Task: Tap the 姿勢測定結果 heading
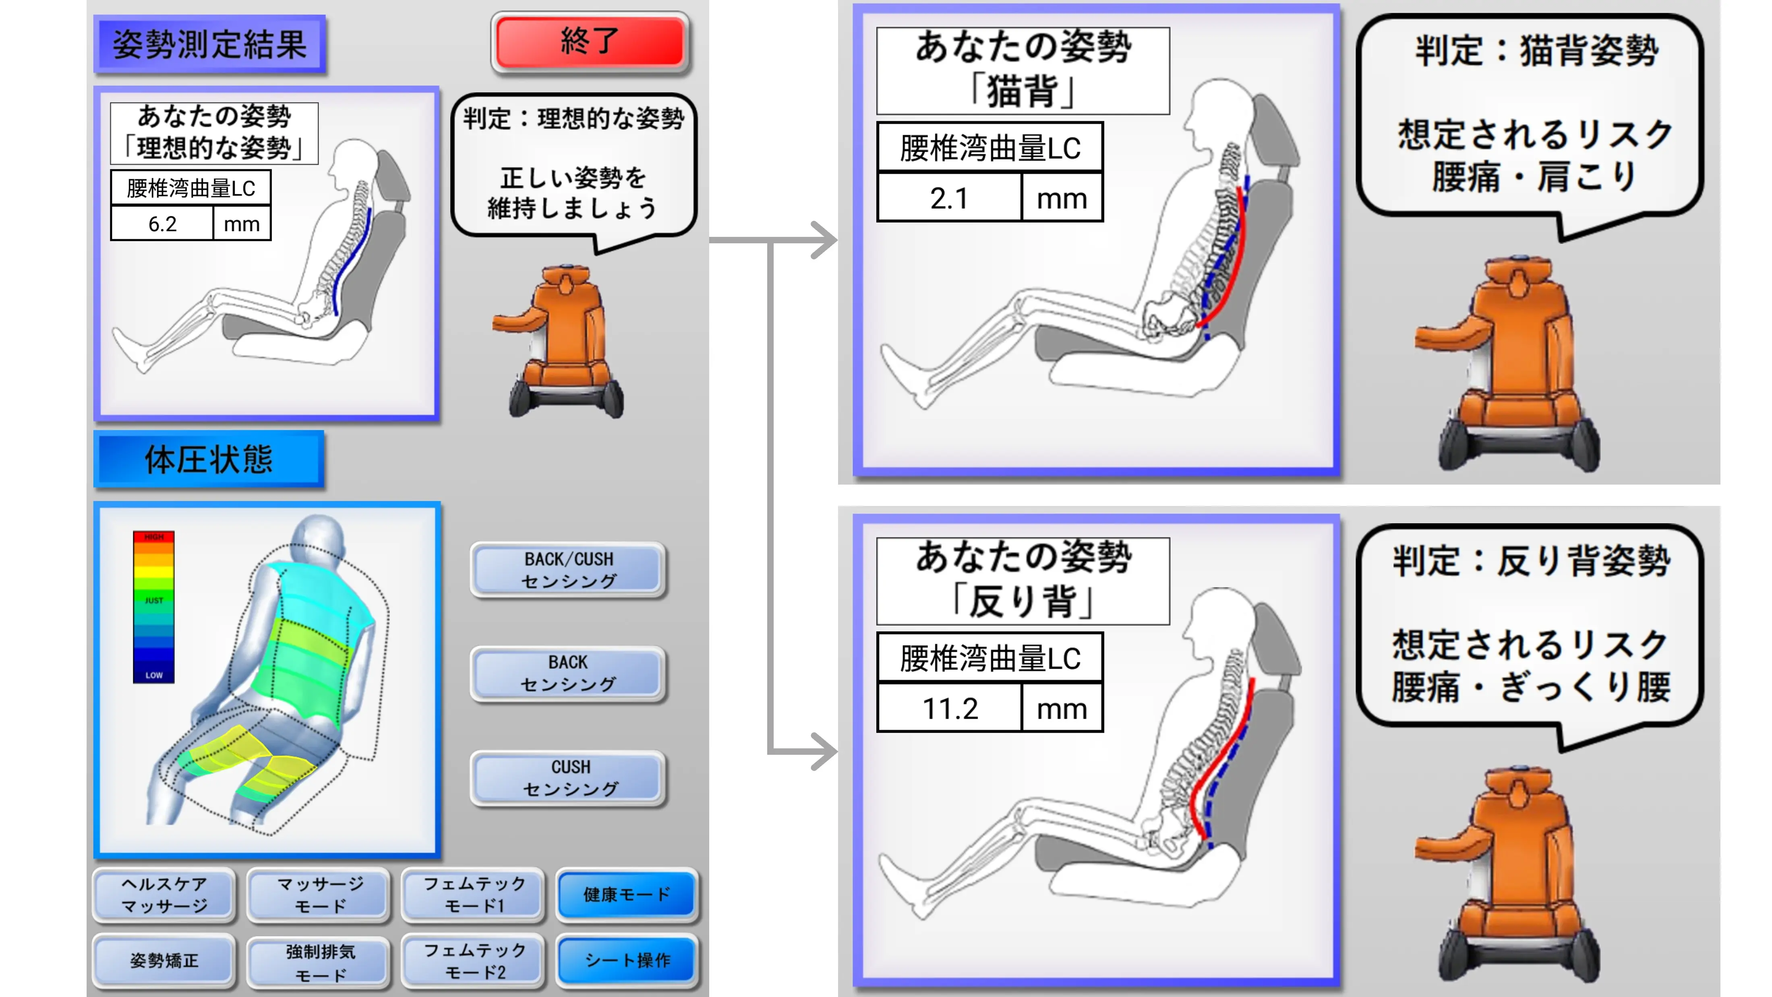(x=210, y=45)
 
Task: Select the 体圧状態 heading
(x=209, y=459)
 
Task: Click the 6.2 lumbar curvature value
(x=162, y=224)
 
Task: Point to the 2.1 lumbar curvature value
(x=949, y=198)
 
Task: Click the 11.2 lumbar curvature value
(x=949, y=708)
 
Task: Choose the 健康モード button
(x=627, y=894)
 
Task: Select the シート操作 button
(x=627, y=960)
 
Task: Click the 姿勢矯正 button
(x=164, y=960)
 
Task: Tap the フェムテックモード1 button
(x=474, y=894)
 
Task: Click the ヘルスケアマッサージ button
(x=164, y=894)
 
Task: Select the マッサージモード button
(x=320, y=894)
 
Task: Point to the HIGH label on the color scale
(x=153, y=537)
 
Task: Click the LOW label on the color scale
(x=153, y=675)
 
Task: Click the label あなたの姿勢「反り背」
(x=1023, y=580)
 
